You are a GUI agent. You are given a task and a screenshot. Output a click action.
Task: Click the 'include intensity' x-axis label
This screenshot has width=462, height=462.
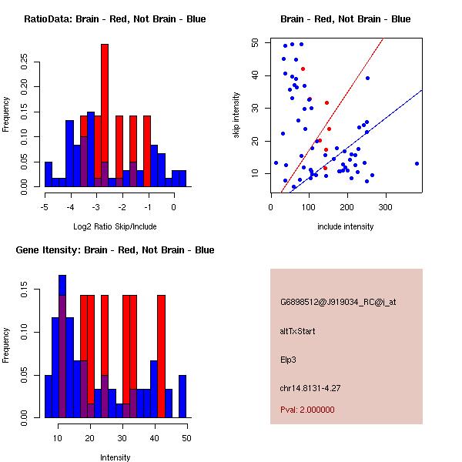pos(345,226)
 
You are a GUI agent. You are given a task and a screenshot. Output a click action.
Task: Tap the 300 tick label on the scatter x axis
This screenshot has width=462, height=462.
pos(385,206)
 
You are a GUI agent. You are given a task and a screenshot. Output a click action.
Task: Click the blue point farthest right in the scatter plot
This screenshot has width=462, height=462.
pos(417,163)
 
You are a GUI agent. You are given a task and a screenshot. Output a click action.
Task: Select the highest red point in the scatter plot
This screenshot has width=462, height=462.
pos(303,69)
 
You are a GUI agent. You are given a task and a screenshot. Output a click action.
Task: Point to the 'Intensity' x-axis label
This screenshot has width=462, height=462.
pos(115,457)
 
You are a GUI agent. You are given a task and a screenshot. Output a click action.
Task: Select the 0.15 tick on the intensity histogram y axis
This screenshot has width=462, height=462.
pos(25,293)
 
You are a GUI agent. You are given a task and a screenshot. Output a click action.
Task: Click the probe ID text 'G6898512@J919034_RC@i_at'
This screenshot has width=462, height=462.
pos(338,303)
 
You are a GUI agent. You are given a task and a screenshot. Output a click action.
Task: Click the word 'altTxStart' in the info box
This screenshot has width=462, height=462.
pos(298,331)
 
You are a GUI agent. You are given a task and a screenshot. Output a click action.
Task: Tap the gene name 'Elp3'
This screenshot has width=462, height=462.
pos(289,359)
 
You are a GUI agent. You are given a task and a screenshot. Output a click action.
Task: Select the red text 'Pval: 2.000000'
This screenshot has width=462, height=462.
pos(307,410)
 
